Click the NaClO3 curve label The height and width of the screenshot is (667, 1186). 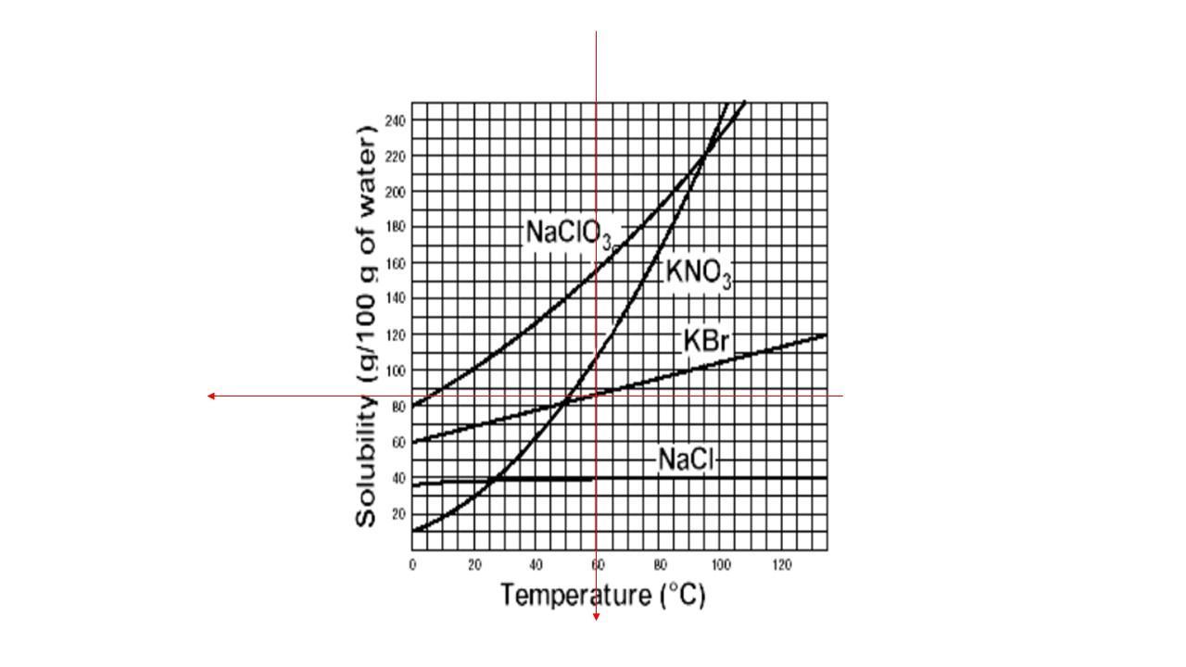pyautogui.click(x=568, y=233)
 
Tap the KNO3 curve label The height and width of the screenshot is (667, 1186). pyautogui.click(x=699, y=273)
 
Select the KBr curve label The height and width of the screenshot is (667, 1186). pyautogui.click(x=707, y=341)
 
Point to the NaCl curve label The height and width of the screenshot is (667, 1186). pyautogui.click(x=686, y=459)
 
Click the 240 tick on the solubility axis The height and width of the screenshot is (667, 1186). pyautogui.click(x=395, y=120)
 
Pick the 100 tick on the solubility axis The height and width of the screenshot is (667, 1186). pyautogui.click(x=395, y=370)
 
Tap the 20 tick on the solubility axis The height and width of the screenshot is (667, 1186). pyautogui.click(x=397, y=512)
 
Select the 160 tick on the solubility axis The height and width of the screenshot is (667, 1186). pyautogui.click(x=395, y=262)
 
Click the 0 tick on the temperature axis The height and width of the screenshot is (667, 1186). pyautogui.click(x=412, y=565)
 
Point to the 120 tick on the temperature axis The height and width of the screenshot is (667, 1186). pyautogui.click(x=781, y=565)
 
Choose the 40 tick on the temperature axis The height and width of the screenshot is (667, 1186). pyautogui.click(x=536, y=565)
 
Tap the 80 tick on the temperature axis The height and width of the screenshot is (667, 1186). pyautogui.click(x=660, y=565)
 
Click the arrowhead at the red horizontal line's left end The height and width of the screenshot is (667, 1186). pyautogui.click(x=211, y=396)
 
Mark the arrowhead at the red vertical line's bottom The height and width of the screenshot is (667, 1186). pyautogui.click(x=596, y=616)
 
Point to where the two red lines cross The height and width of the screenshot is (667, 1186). pyautogui.click(x=596, y=396)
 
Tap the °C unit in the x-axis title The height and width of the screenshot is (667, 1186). pyautogui.click(x=684, y=595)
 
